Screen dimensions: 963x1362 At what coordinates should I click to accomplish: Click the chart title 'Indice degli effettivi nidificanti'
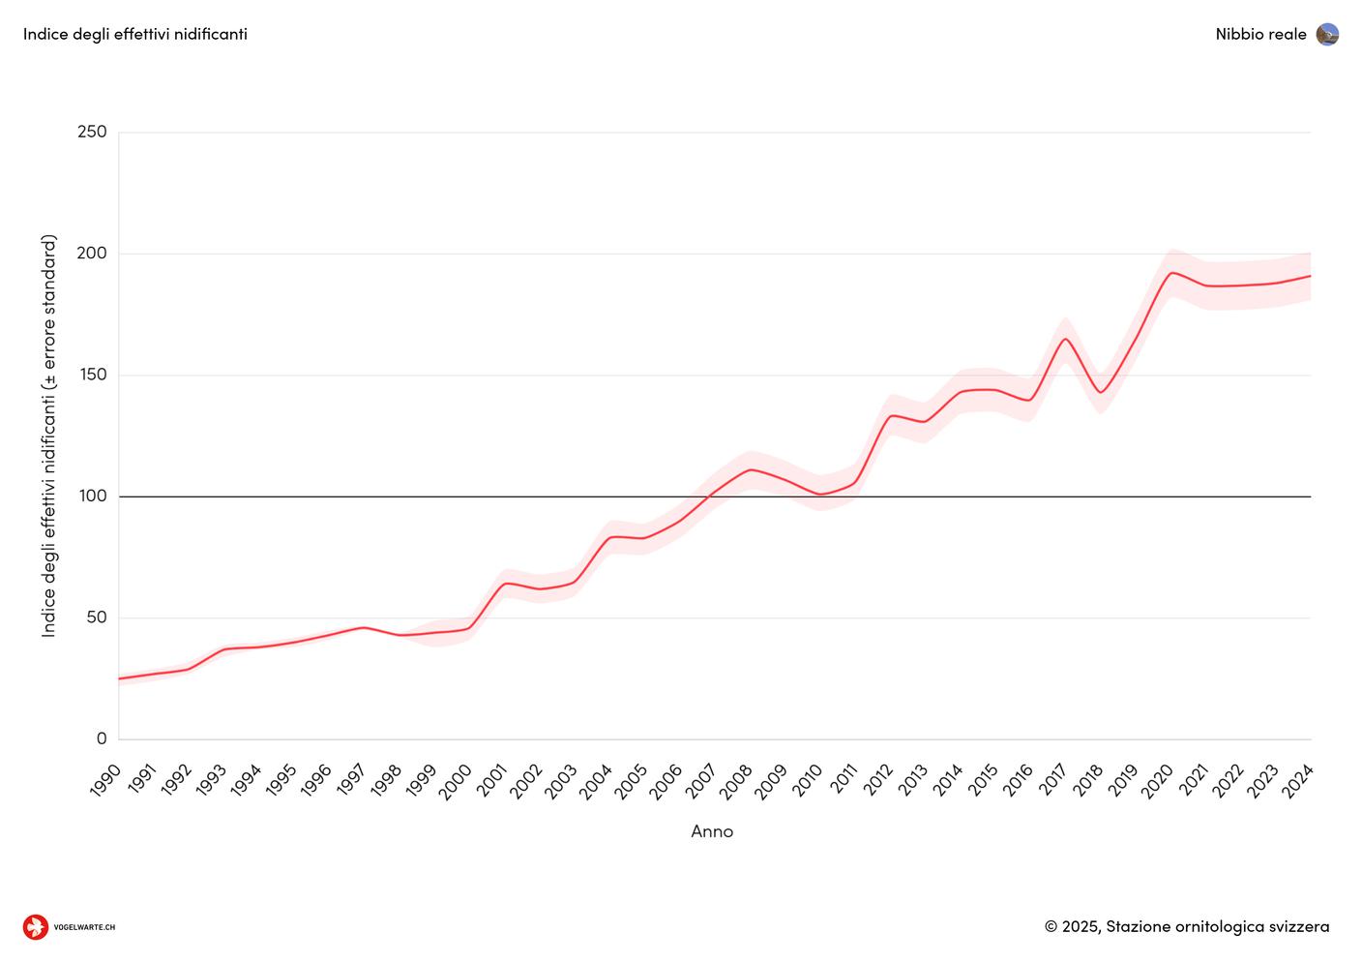135,34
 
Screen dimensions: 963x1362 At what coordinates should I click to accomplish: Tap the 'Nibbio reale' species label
1260,34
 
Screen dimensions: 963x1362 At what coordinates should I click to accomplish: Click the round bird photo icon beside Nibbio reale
1327,35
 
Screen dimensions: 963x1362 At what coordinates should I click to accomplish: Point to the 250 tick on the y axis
92,132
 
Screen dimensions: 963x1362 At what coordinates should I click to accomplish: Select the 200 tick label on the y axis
92,254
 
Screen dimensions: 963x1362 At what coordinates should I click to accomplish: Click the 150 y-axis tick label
92,375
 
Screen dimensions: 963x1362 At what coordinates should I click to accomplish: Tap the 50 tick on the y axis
95,617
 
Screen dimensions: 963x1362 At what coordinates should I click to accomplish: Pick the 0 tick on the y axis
102,738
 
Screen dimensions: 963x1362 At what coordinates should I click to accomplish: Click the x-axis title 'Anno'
712,831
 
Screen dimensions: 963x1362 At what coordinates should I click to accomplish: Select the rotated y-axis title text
49,436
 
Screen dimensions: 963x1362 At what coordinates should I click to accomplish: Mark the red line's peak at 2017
1065,339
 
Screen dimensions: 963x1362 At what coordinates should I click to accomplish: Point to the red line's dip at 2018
1101,392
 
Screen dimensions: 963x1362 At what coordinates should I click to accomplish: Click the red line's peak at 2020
1171,273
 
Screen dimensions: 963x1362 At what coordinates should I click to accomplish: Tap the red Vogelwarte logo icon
36,927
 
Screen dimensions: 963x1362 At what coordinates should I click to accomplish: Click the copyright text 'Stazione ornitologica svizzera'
1217,926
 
